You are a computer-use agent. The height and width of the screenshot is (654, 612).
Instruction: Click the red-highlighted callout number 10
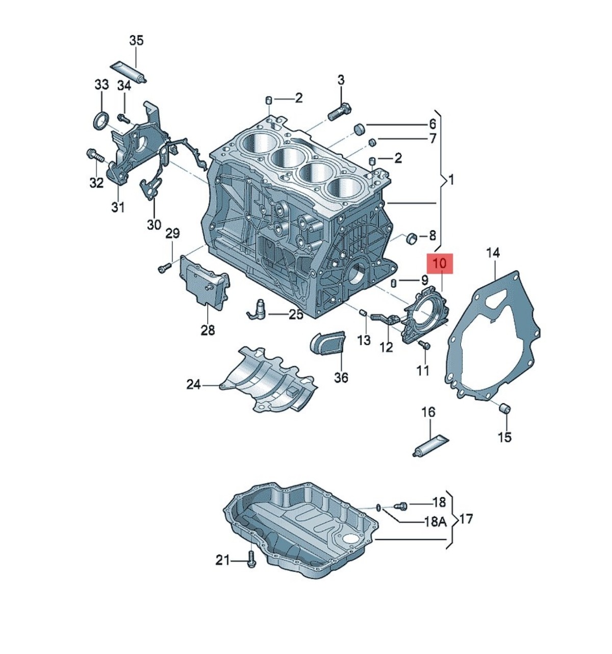[x=440, y=264]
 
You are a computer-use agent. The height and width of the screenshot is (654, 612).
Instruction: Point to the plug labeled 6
[x=360, y=129]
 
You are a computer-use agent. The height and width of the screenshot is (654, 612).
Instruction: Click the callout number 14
[x=493, y=253]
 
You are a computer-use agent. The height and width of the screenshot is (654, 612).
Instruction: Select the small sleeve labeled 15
[x=504, y=409]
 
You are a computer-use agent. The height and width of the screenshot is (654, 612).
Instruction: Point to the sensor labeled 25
[x=258, y=309]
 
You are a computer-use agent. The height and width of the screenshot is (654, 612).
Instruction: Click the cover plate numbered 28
[x=203, y=286]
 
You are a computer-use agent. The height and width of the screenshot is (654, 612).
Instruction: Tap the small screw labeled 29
[x=163, y=267]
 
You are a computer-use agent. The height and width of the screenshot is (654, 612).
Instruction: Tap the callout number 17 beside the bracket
[x=466, y=519]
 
